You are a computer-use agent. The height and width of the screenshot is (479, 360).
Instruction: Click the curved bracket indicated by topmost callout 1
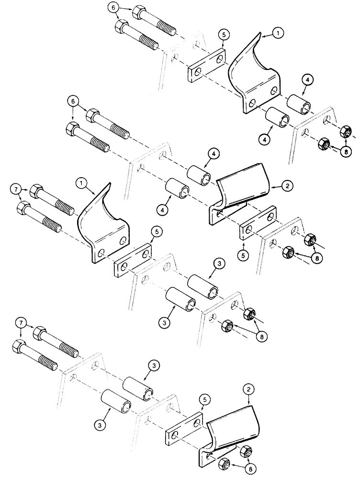tap(249, 77)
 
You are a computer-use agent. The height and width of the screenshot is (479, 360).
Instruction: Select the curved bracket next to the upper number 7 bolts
tap(103, 225)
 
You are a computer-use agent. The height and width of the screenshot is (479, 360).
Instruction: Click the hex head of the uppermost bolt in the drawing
tap(140, 12)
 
